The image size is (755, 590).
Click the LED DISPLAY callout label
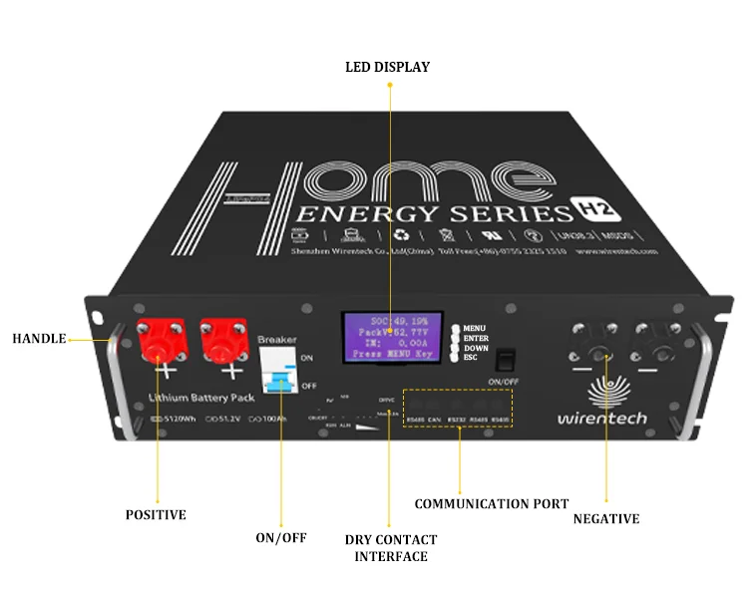pyautogui.click(x=387, y=67)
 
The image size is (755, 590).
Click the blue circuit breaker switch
pyautogui.click(x=280, y=378)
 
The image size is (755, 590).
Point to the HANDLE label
pyautogui.click(x=39, y=339)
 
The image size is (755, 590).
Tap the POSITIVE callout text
pyautogui.click(x=156, y=515)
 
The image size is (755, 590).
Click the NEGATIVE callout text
pyautogui.click(x=606, y=519)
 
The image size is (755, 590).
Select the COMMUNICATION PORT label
pyautogui.click(x=492, y=503)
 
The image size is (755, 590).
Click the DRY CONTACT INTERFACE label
pyautogui.click(x=391, y=548)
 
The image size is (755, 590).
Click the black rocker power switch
pyautogui.click(x=505, y=360)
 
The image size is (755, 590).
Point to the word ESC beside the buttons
pyautogui.click(x=471, y=357)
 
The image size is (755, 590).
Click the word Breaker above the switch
pyautogui.click(x=276, y=340)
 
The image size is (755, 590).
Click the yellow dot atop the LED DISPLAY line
pyautogui.click(x=389, y=86)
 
